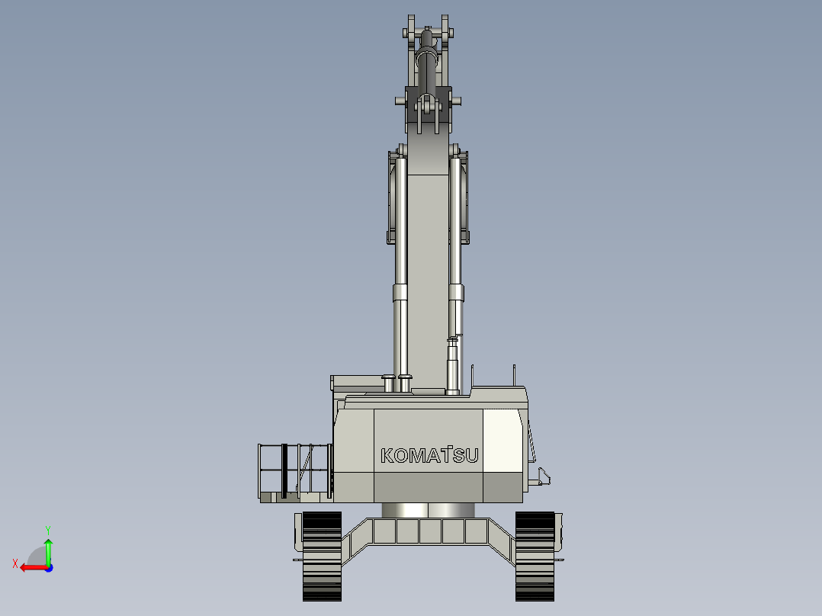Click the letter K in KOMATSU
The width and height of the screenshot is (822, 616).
pyautogui.click(x=387, y=456)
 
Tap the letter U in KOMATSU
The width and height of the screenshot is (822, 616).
pyautogui.click(x=472, y=456)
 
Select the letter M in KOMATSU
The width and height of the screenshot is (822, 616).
pyautogui.click(x=416, y=456)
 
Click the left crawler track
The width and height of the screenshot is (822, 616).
pyautogui.click(x=322, y=557)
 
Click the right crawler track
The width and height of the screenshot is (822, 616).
pyautogui.click(x=535, y=557)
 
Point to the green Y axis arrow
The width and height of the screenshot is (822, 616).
pyautogui.click(x=48, y=551)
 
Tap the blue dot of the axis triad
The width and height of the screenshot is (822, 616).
pyautogui.click(x=50, y=568)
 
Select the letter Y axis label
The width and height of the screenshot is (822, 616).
pyautogui.click(x=48, y=530)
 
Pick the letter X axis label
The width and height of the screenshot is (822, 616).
pyautogui.click(x=15, y=563)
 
